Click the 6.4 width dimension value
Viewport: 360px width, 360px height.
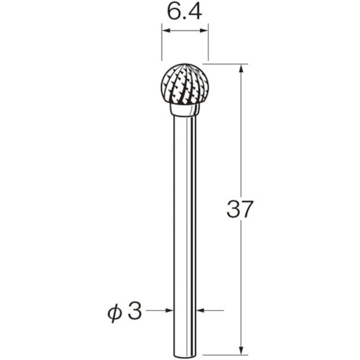[184, 12]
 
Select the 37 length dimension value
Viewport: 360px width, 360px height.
[240, 210]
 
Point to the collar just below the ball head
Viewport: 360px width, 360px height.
[184, 111]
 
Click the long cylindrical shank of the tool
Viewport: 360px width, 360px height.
[184, 216]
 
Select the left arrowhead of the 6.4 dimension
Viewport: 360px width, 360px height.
[165, 32]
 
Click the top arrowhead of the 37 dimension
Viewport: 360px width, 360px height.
[239, 69]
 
